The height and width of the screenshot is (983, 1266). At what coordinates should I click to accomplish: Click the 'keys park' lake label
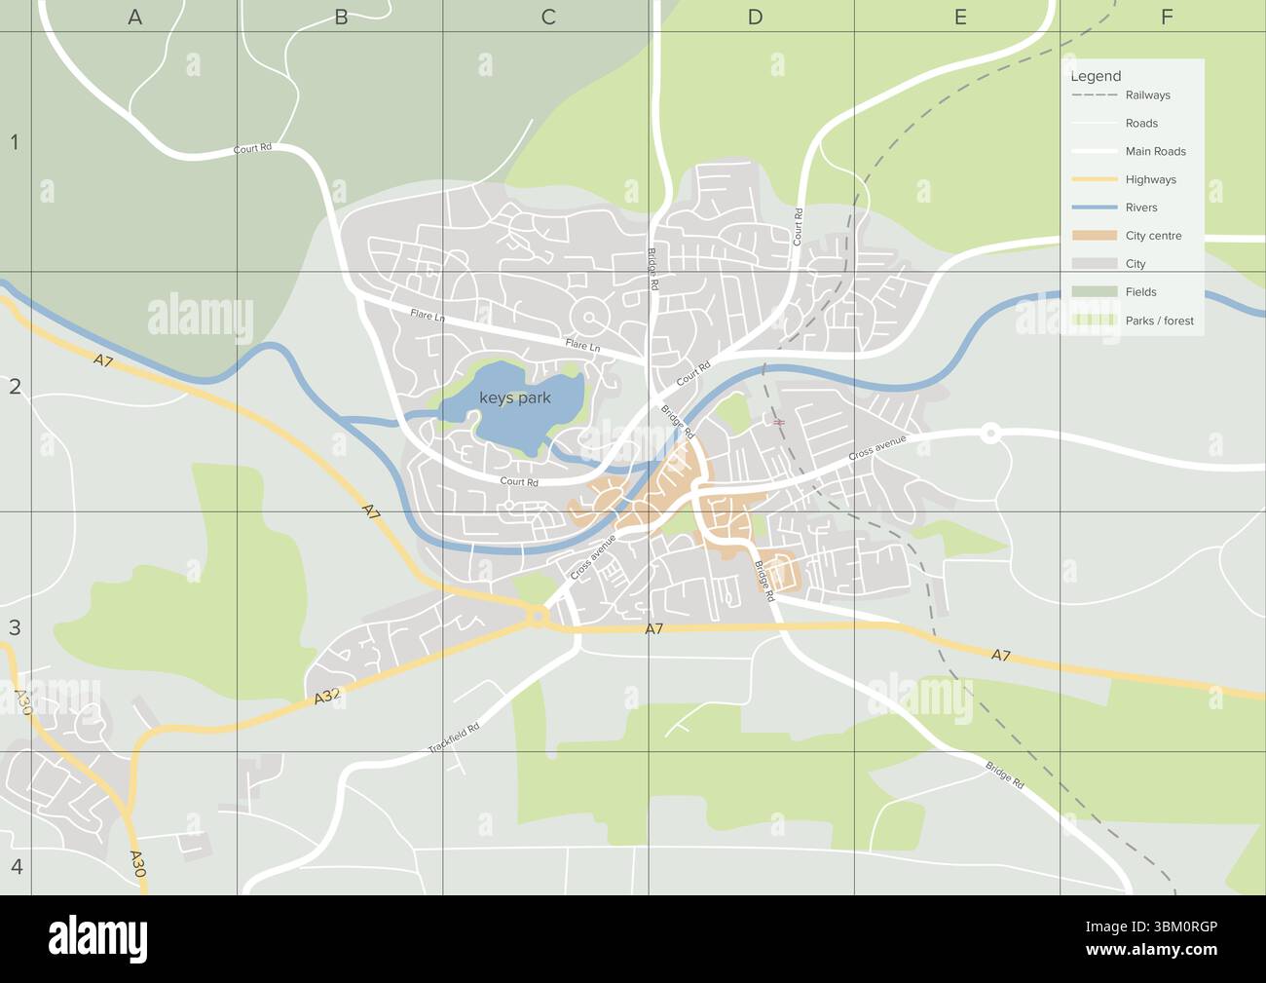(515, 397)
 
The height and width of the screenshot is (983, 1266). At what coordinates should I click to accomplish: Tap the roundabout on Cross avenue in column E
(990, 434)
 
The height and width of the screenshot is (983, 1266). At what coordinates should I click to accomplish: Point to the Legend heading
(1096, 76)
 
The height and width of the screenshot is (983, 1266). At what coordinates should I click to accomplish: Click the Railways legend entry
(1147, 95)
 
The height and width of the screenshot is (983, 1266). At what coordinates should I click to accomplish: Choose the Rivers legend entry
(1141, 208)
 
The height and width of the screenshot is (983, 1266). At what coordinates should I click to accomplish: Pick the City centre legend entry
(1153, 236)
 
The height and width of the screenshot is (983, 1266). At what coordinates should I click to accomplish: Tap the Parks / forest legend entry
(1159, 321)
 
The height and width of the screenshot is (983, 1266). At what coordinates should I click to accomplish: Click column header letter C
(548, 17)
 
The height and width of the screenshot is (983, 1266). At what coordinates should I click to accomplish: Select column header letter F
(1167, 17)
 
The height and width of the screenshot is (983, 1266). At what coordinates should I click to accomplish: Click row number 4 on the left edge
(15, 866)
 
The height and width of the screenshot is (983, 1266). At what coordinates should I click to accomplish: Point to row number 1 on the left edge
(15, 143)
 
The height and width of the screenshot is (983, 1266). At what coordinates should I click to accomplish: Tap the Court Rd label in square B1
(252, 149)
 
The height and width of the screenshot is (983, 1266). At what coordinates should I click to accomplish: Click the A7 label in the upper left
(103, 360)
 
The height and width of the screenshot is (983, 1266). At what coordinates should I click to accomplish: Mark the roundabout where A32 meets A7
(538, 616)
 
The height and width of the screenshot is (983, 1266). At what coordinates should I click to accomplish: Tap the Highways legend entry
(1150, 179)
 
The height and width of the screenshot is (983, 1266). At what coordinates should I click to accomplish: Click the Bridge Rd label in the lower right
(1004, 775)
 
